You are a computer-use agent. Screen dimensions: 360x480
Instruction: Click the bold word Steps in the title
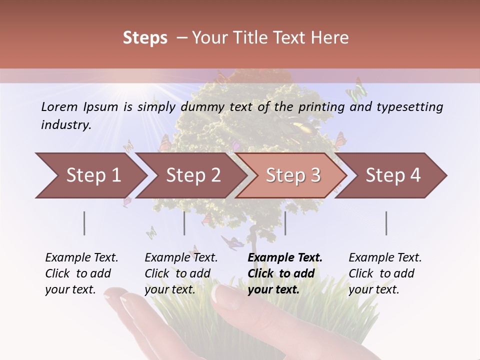pos(145,38)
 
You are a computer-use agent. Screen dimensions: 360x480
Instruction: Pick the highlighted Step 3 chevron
pos(293,175)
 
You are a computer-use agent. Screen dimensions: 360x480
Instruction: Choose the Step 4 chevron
pos(393,175)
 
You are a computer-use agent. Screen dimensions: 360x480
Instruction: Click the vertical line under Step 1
pos(84,223)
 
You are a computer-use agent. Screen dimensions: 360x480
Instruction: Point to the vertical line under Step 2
pos(184,223)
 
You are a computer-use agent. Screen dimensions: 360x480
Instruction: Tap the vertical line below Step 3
pos(285,223)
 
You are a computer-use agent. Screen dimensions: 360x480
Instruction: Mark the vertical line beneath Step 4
pos(386,223)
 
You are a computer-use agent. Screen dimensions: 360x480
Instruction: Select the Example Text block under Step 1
pos(81,273)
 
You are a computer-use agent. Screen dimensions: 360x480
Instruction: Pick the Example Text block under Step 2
pos(181,273)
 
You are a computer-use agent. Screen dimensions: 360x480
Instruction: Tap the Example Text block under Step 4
pos(385,273)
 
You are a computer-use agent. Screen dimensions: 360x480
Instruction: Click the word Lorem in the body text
pos(59,106)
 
